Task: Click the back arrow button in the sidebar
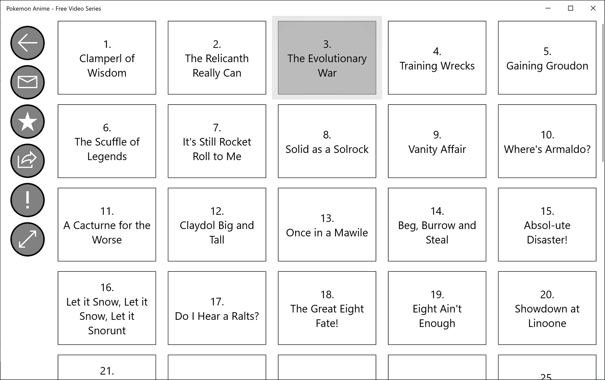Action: point(27,43)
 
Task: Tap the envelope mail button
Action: point(27,82)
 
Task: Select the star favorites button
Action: point(27,122)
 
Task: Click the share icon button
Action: point(27,161)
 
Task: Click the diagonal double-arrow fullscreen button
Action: point(27,239)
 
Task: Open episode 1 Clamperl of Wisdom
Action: point(107,58)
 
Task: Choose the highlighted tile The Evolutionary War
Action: point(327,58)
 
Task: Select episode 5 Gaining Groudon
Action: point(547,58)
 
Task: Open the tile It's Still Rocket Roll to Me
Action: point(217,141)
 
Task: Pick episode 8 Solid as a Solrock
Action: point(327,141)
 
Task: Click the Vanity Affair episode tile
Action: point(437,141)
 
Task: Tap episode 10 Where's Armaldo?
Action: point(547,141)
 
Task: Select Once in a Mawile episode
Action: point(327,224)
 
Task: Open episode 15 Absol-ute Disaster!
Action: point(547,224)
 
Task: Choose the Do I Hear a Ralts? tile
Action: point(217,308)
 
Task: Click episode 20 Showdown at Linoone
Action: point(547,308)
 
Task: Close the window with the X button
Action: point(593,9)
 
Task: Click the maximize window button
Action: point(570,9)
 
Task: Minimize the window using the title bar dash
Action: point(548,9)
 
